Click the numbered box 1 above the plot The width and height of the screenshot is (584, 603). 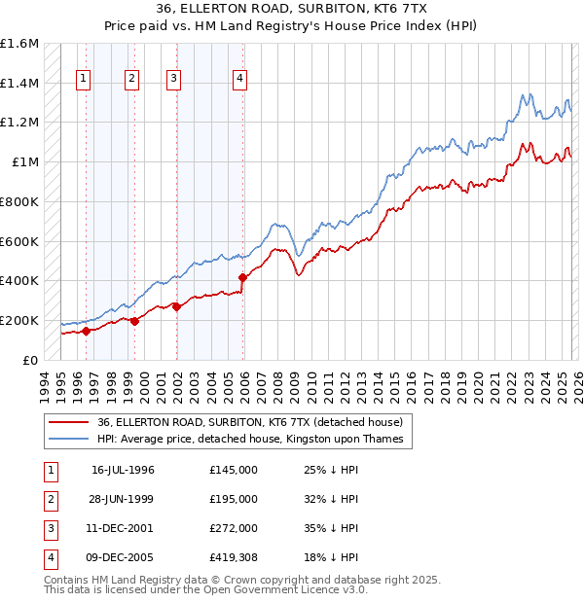84,80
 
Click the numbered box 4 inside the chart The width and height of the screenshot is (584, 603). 239,80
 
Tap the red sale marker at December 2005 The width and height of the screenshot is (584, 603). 243,277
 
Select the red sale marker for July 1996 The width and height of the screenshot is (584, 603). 86,331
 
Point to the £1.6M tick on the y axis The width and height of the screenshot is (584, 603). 19,44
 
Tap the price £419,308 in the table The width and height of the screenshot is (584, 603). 234,557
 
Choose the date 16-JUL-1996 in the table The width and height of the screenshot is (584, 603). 123,470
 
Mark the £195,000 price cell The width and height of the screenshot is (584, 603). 234,499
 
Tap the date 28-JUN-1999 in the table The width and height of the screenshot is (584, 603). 123,499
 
